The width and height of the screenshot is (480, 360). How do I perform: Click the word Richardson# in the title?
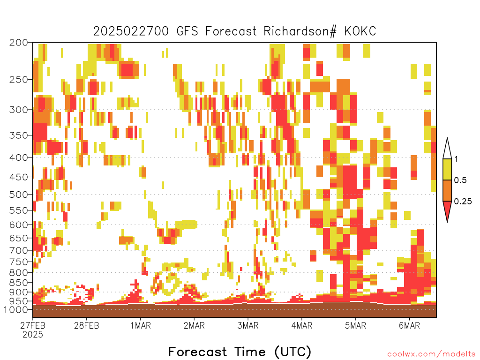(x=300, y=31)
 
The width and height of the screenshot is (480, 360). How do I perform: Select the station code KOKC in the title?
(x=360, y=31)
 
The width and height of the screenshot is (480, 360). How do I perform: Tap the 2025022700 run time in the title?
(x=131, y=31)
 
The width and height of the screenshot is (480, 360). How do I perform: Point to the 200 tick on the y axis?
(x=19, y=43)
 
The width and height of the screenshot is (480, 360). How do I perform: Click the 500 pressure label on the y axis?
(x=19, y=195)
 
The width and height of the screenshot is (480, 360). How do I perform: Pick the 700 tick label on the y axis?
(x=19, y=250)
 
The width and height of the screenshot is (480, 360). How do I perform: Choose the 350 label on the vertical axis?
(x=19, y=135)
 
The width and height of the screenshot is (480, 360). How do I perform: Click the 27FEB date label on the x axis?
(x=32, y=325)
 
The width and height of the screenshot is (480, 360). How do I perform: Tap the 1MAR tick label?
(x=141, y=325)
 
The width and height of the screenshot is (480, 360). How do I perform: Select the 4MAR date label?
(x=302, y=325)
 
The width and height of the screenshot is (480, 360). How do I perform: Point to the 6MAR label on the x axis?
(x=409, y=325)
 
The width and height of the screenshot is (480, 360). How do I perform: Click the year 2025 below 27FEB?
(x=33, y=334)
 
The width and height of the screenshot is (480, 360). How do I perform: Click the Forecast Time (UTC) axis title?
(x=240, y=352)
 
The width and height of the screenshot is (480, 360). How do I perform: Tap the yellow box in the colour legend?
(x=447, y=169)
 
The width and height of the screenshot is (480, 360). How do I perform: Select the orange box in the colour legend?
(x=447, y=190)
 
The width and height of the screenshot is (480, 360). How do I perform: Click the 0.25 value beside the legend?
(x=463, y=201)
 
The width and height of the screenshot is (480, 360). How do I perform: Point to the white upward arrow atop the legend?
(x=447, y=149)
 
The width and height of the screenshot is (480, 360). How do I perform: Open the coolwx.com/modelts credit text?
(x=431, y=354)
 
